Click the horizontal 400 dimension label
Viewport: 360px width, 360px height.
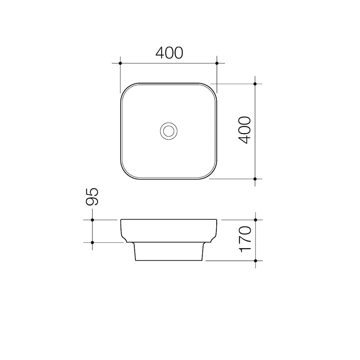(x=169, y=53)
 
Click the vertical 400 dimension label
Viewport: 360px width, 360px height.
(x=244, y=130)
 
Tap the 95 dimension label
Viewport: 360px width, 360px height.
(x=92, y=197)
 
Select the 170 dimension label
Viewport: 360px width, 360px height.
(x=244, y=239)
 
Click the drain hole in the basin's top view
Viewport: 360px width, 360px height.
(x=169, y=131)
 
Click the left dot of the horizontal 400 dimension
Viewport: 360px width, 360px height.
(x=120, y=63)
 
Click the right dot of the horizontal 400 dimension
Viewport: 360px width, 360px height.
(x=217, y=63)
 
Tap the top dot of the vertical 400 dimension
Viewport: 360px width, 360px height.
(x=255, y=84)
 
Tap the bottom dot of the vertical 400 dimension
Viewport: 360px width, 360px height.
(x=255, y=179)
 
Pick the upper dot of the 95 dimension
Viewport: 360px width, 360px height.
(x=92, y=220)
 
